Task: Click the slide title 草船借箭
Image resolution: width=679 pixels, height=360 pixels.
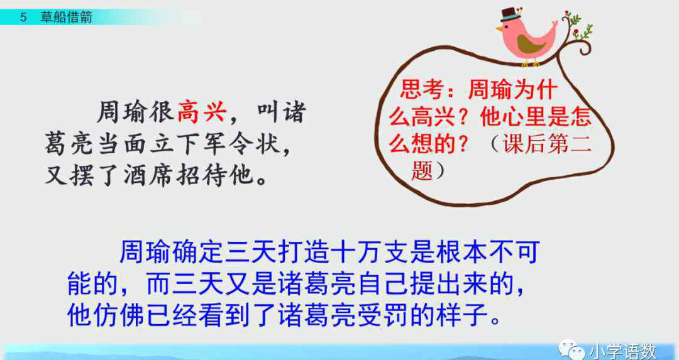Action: pos(66,18)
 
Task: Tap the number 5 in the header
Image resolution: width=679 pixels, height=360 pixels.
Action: pos(23,18)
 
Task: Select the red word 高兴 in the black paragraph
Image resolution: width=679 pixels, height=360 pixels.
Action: pos(202,112)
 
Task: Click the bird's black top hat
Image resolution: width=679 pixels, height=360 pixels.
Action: pos(511,14)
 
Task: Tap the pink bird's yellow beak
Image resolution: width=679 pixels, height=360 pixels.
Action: pos(499,29)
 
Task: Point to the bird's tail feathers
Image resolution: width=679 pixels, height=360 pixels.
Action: pos(551,28)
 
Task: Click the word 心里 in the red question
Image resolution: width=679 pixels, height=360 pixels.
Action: pos(522,117)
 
